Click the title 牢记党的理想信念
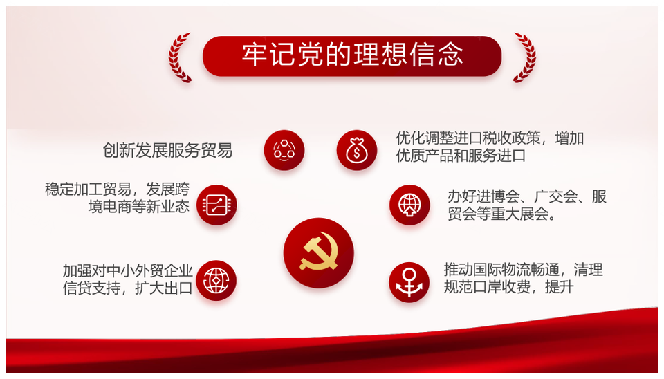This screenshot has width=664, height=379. [352, 55]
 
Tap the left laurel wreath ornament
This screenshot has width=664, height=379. [179, 57]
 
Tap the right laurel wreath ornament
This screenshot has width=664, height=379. [525, 57]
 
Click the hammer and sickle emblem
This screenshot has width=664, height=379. [318, 253]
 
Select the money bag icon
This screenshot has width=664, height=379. [357, 150]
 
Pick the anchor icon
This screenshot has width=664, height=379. [409, 282]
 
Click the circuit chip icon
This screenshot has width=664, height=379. [216, 205]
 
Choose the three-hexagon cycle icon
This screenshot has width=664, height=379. [284, 150]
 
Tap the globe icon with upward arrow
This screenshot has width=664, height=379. [409, 205]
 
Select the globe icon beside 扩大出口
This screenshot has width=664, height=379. [216, 280]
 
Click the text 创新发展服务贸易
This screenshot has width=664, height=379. [167, 150]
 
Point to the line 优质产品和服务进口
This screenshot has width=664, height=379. [461, 156]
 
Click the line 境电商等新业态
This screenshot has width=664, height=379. [139, 207]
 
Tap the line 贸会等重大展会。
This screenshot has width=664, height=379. [503, 214]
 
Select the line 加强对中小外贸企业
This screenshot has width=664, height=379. [128, 270]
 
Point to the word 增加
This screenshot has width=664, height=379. [569, 138]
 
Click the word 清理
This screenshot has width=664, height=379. [588, 269]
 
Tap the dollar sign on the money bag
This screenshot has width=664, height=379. [357, 153]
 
